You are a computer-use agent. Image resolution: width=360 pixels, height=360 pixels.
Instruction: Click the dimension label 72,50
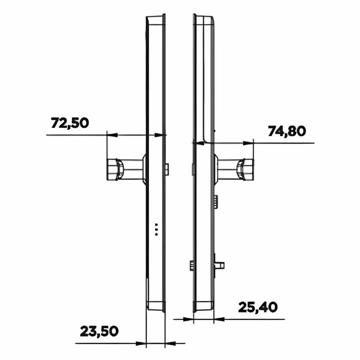pyautogui.click(x=70, y=123)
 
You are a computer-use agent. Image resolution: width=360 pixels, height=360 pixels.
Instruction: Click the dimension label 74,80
pyautogui.click(x=287, y=132)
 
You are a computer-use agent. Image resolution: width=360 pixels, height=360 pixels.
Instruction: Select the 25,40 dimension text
pyautogui.click(x=258, y=308)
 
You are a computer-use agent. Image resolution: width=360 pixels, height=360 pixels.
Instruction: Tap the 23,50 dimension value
pyautogui.click(x=99, y=331)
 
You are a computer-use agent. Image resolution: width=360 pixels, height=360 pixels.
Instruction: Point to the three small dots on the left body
pyautogui.click(x=156, y=230)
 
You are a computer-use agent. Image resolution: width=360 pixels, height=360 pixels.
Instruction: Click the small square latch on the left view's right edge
pyautogui.click(x=167, y=169)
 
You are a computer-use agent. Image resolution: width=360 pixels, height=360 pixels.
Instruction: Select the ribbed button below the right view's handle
pyautogui.click(x=216, y=202)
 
